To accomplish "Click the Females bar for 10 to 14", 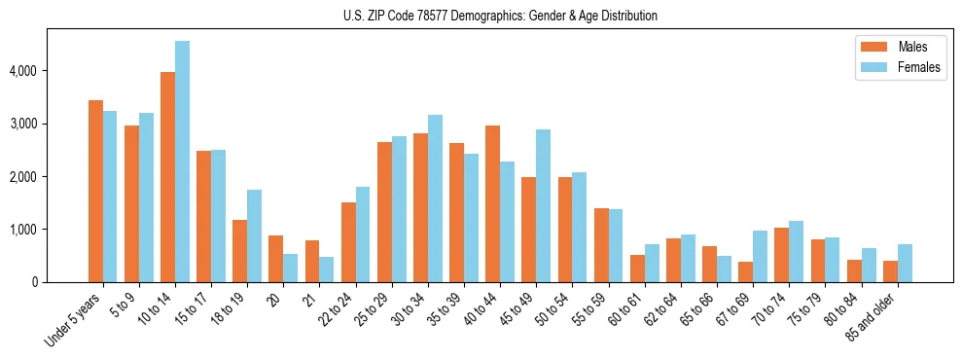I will coord(182,162).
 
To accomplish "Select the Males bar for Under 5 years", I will coord(95,192).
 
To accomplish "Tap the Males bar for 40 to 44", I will coord(492,204).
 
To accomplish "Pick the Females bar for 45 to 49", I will coord(543,206).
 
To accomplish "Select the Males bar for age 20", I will coord(276,259).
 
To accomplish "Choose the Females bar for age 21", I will coord(327,270).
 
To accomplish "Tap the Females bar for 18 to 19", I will coord(254,235).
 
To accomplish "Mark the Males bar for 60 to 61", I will coord(636,269).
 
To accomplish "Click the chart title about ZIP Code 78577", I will coord(500,16).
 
